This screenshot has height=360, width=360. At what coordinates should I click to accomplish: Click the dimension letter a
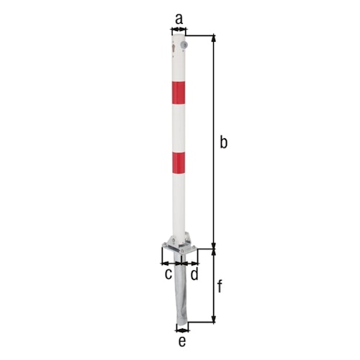click(x=179, y=16)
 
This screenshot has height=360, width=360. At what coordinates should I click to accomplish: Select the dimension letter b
click(x=223, y=143)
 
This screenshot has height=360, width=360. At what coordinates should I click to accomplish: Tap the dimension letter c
click(x=168, y=274)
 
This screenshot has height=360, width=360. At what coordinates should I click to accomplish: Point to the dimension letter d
click(x=195, y=274)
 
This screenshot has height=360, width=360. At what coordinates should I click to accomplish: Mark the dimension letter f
click(x=221, y=287)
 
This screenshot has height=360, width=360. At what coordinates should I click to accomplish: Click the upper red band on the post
click(x=178, y=93)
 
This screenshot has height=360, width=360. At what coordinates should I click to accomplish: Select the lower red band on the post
click(x=178, y=163)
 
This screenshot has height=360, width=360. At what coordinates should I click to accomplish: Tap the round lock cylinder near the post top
click(x=184, y=47)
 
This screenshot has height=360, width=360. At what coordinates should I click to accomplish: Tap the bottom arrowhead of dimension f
click(x=213, y=319)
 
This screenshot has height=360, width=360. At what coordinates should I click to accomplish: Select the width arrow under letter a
click(x=178, y=30)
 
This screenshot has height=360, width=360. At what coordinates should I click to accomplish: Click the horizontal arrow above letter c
click(x=169, y=264)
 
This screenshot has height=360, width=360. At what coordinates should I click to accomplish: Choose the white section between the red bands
click(x=178, y=127)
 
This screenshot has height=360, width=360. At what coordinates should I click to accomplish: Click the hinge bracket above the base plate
click(x=179, y=239)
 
